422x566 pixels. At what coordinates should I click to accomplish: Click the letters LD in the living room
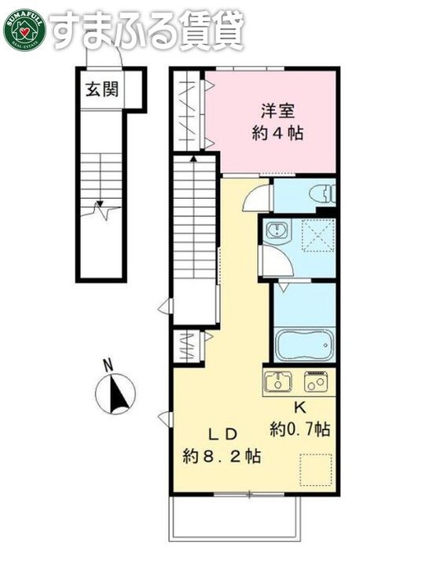tap(222, 433)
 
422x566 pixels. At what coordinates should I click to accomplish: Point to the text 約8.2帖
tap(222, 455)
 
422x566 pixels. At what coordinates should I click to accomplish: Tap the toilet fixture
tap(321, 193)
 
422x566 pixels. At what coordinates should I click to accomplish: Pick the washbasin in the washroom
tap(277, 230)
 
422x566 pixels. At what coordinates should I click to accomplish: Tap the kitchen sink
tap(279, 381)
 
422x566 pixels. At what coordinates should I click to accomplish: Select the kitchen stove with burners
tap(316, 381)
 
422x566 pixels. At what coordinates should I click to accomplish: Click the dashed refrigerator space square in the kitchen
tap(316, 470)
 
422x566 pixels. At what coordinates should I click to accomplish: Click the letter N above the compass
tap(109, 364)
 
